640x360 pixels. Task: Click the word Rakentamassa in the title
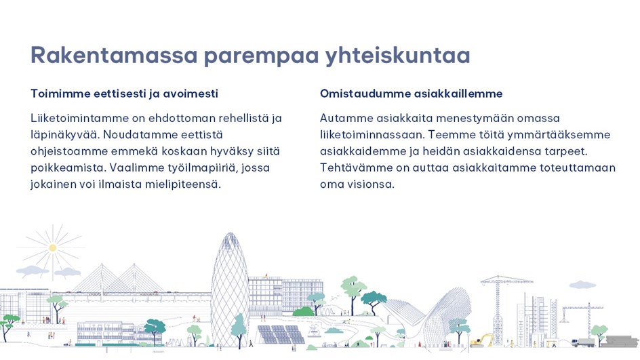(115, 55)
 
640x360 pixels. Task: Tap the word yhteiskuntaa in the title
(398, 56)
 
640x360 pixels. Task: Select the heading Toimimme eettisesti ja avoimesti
(125, 94)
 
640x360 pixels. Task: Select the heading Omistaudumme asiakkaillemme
(411, 94)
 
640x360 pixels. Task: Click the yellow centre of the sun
(53, 247)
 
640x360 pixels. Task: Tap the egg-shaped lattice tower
(230, 289)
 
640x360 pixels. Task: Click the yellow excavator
(481, 341)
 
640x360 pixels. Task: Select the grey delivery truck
(583, 342)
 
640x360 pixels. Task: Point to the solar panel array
(281, 335)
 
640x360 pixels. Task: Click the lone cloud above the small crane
(582, 285)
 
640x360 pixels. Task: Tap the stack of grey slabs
(622, 341)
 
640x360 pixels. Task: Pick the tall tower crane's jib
(506, 281)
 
